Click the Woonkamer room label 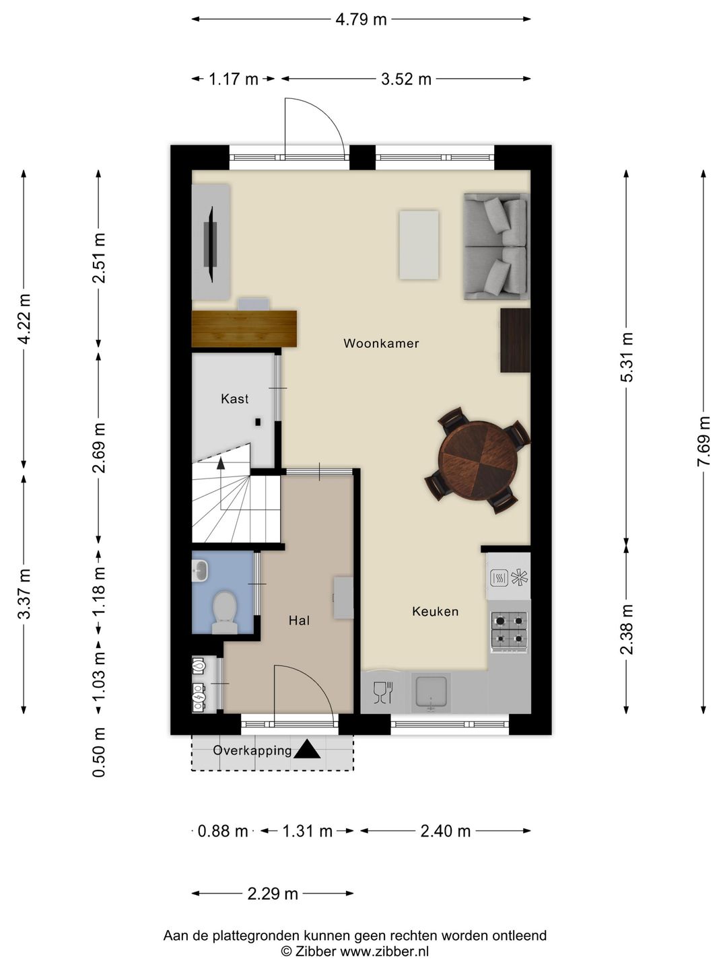click(x=381, y=343)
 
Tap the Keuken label click(x=436, y=612)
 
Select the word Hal click(x=299, y=620)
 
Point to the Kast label click(x=234, y=399)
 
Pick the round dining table click(x=478, y=460)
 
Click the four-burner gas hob click(x=510, y=632)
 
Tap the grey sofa click(x=495, y=246)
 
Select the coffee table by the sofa click(x=419, y=245)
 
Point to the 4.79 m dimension click(x=361, y=20)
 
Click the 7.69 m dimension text click(x=703, y=441)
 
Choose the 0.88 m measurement click(x=222, y=831)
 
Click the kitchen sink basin click(x=431, y=692)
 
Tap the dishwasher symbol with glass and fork click(x=383, y=692)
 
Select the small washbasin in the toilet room click(x=199, y=571)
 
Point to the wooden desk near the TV click(x=244, y=328)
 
